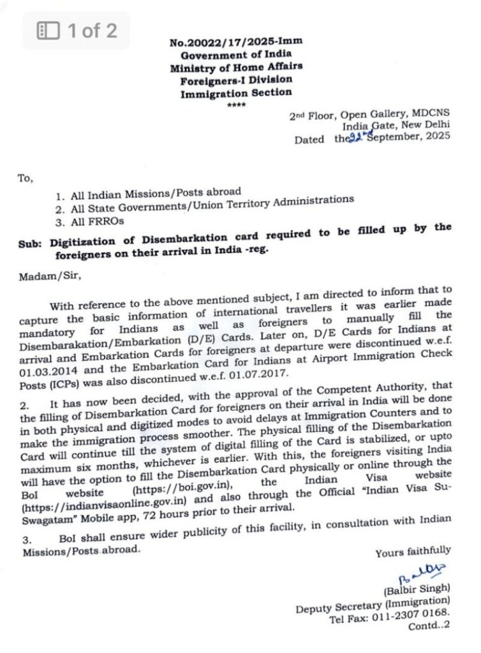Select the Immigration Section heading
[235, 92]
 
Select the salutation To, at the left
[26, 179]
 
